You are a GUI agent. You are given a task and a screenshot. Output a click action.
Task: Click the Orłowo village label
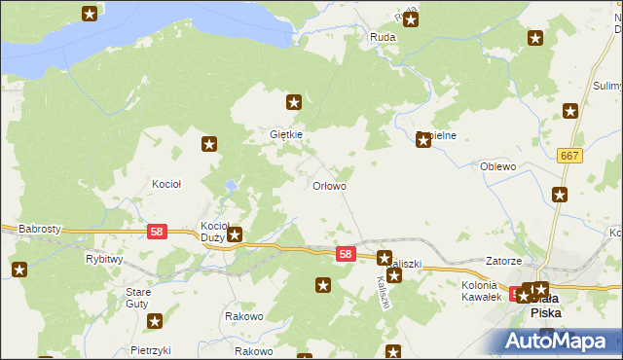pyautogui.click(x=328, y=185)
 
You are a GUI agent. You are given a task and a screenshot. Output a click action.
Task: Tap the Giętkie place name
pyautogui.click(x=286, y=134)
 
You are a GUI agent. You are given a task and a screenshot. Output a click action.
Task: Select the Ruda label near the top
pyautogui.click(x=381, y=37)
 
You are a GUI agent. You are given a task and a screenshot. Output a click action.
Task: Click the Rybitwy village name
pyautogui.click(x=103, y=260)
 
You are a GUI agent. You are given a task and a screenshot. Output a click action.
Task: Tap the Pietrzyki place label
pyautogui.click(x=150, y=349)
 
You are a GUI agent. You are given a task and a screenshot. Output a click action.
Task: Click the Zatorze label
pyautogui.click(x=504, y=262)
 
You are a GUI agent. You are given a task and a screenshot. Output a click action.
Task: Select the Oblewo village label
pyautogui.click(x=497, y=166)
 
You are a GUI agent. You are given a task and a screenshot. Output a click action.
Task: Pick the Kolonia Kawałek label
pyautogui.click(x=480, y=290)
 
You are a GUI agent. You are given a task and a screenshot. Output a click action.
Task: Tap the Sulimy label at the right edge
pyautogui.click(x=606, y=87)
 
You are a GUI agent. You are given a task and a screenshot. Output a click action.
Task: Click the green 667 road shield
pyautogui.click(x=570, y=156)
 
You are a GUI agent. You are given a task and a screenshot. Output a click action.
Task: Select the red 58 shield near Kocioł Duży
pyautogui.click(x=157, y=232)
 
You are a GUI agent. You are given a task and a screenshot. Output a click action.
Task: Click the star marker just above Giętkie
pyautogui.click(x=294, y=101)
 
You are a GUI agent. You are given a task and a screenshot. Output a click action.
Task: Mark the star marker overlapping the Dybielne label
pyautogui.click(x=423, y=140)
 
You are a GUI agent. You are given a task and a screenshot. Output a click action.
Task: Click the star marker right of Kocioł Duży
pyautogui.click(x=235, y=234)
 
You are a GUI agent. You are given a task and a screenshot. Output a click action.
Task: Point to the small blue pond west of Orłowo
pyautogui.click(x=230, y=184)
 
